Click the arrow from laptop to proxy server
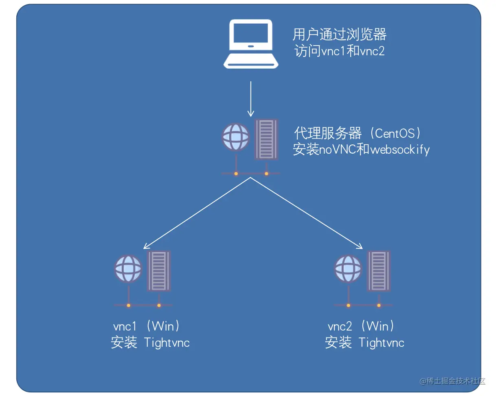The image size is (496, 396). pyautogui.click(x=251, y=99)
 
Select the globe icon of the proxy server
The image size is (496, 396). pyautogui.click(x=236, y=137)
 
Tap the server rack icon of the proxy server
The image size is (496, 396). pyautogui.click(x=266, y=139)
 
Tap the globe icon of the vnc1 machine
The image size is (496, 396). pyautogui.click(x=128, y=269)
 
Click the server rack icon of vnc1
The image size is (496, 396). pyautogui.click(x=159, y=271)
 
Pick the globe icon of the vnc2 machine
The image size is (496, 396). pyautogui.click(x=348, y=269)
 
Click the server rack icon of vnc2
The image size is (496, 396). pyautogui.click(x=378, y=271)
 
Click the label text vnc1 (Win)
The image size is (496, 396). pyautogui.click(x=146, y=326)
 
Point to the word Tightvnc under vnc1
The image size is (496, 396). pyautogui.click(x=167, y=343)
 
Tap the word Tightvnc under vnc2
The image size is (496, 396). pyautogui.click(x=382, y=343)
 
